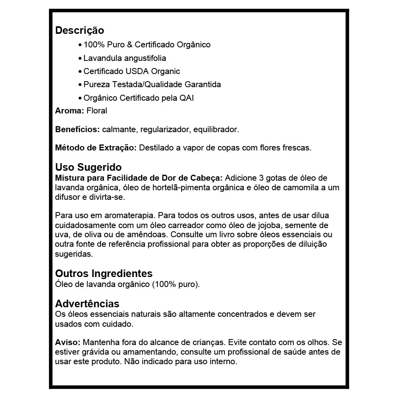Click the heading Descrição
pos(80,30)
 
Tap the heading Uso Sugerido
pos(88,167)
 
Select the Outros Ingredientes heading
pos(103,273)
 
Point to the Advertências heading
pos(87,304)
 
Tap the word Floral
pos(97,111)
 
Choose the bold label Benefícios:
pos(77,129)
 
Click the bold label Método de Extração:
pos(96,148)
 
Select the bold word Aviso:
pos(68,342)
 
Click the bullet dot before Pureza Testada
pos(80,85)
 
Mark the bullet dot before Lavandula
pos(80,59)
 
